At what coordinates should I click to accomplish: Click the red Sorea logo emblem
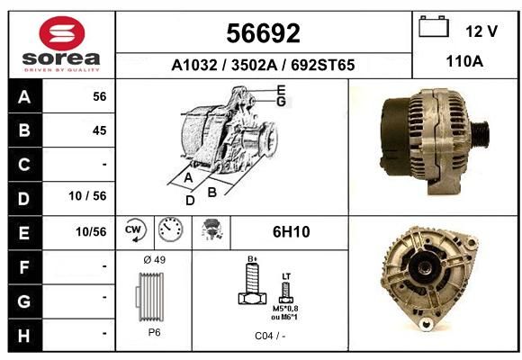tap(62, 33)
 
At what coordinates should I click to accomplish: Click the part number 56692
tap(264, 33)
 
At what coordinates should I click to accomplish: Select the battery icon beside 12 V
tap(434, 26)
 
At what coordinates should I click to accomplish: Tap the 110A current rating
tap(464, 61)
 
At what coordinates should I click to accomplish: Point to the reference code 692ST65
tap(322, 65)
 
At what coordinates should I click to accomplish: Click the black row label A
tap(24, 96)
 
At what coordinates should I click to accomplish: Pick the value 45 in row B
tap(100, 130)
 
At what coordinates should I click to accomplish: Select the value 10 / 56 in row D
tap(87, 196)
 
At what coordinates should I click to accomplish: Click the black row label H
tap(24, 336)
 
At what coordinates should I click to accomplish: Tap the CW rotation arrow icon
tap(135, 229)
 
